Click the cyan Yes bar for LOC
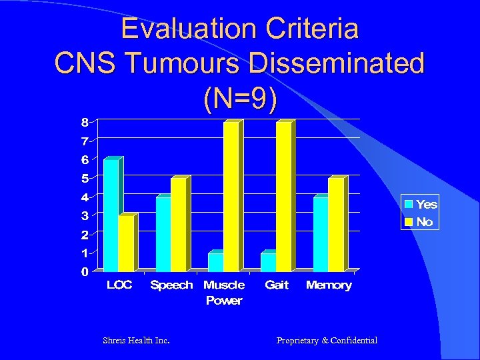point(111,215)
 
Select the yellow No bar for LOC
point(126,243)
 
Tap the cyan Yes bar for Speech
point(163,234)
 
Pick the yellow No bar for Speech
point(178,225)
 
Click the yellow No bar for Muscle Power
point(231,197)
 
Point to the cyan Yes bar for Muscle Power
point(215,262)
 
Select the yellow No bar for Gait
point(283,197)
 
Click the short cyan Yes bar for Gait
point(267,262)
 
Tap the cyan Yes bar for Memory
point(320,234)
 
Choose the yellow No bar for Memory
point(335,225)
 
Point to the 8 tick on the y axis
point(85,122)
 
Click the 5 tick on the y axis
point(85,178)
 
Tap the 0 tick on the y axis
point(85,271)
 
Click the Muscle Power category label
point(224,293)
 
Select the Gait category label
point(277,285)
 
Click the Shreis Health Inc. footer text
point(136,341)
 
